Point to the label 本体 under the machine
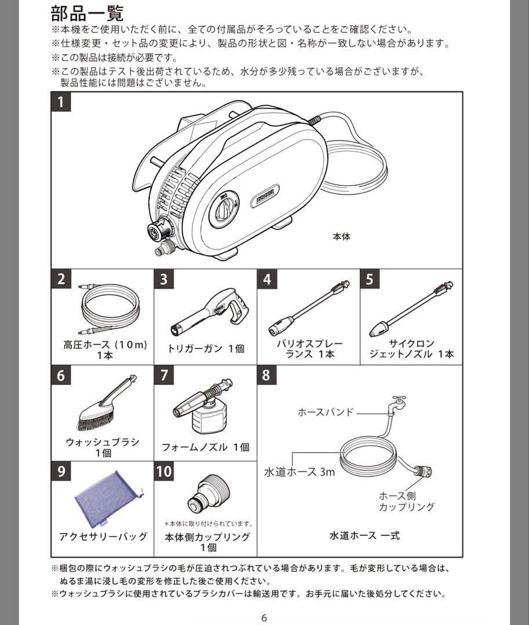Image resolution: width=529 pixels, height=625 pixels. point(342,236)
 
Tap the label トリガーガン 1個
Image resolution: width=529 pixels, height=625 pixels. point(206,348)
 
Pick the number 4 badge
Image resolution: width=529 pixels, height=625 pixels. point(267,280)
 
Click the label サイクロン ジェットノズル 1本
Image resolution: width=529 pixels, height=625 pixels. point(411,349)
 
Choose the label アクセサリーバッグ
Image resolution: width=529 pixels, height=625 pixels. point(103,536)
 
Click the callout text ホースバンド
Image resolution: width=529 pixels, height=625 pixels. point(324,413)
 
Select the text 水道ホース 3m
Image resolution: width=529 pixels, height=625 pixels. point(300,472)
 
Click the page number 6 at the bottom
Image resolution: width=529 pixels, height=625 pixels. point(264,617)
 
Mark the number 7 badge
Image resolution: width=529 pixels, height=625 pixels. point(164,375)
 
